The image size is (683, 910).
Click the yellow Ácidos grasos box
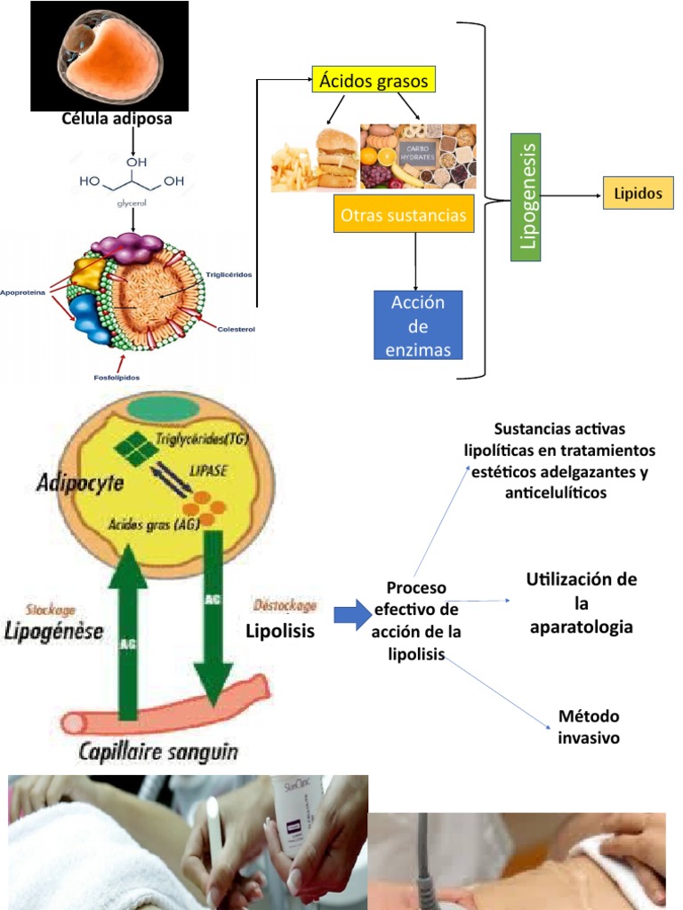click(x=374, y=81)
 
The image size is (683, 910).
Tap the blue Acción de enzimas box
click(x=417, y=326)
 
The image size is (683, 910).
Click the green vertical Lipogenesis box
click(x=526, y=197)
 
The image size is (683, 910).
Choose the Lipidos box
click(x=638, y=194)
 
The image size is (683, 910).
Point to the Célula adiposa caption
click(x=117, y=118)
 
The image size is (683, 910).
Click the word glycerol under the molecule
click(x=132, y=204)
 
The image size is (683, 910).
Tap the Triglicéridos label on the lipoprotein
click(x=229, y=274)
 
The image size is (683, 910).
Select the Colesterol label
click(x=236, y=329)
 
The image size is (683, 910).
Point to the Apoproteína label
click(x=23, y=291)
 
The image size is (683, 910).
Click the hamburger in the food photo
click(x=336, y=158)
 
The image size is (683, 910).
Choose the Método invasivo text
click(x=589, y=727)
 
